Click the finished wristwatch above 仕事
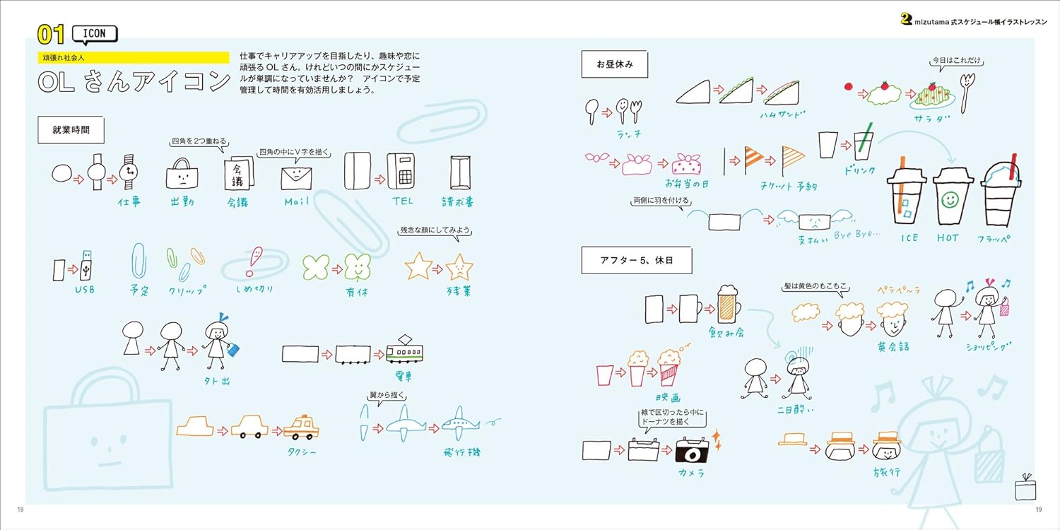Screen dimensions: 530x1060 pos(129,172)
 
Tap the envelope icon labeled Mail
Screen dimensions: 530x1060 pos(297,177)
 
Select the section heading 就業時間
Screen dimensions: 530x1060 pos(71,131)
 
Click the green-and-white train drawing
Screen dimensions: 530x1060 pos(408,350)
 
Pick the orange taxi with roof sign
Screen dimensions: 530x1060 pos(301,427)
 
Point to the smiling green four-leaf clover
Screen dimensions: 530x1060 pos(358,268)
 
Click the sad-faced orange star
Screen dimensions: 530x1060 pos(459,267)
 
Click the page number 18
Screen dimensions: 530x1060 pos(20,509)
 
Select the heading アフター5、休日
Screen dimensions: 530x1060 pos(636,261)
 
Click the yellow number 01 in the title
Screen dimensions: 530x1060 pos(52,35)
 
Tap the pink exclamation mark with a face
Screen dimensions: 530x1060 pos(254,261)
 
